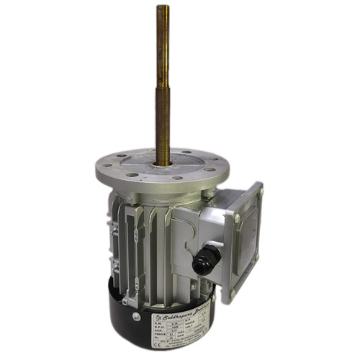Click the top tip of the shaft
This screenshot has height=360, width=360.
(x=163, y=8)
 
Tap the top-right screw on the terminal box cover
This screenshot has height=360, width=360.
(x=259, y=190)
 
